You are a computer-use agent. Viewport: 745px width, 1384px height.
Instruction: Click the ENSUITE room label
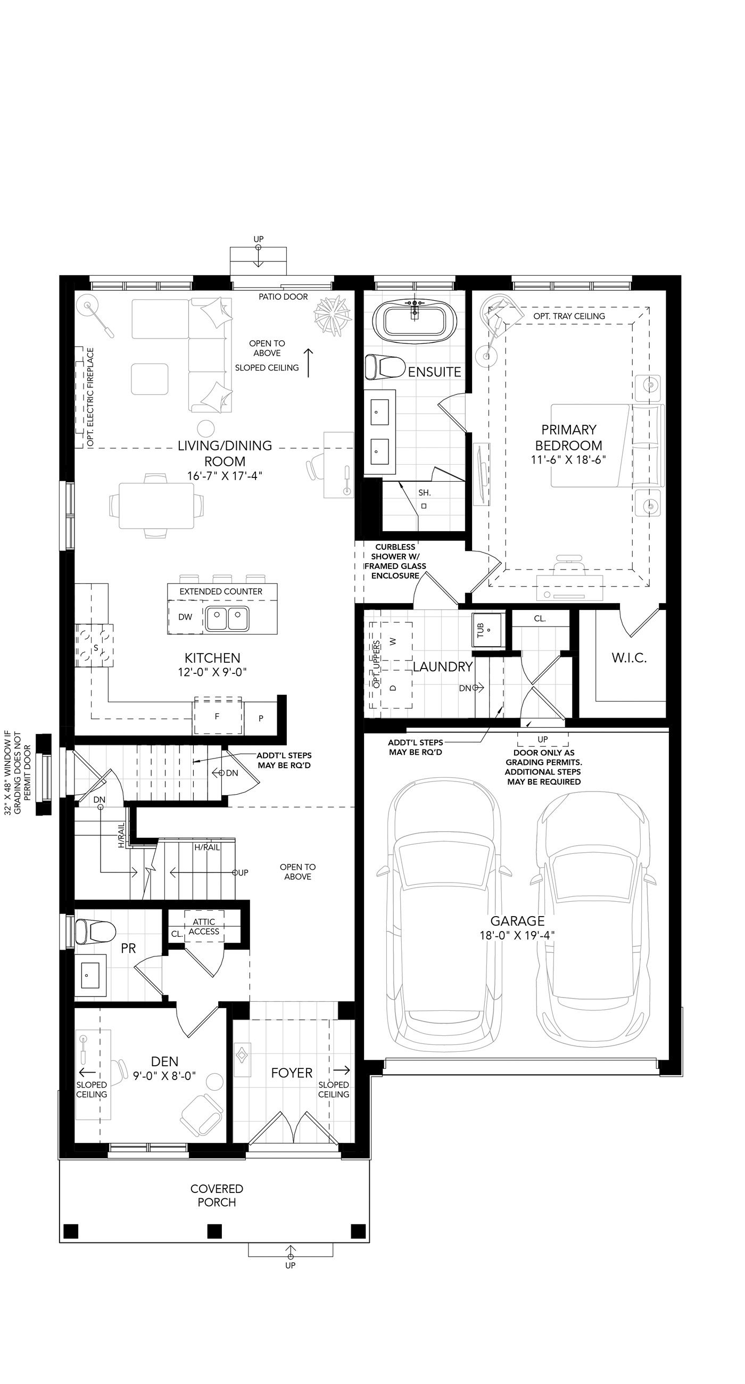[x=434, y=372]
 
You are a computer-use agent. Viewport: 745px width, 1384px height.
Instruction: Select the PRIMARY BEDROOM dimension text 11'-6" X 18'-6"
[x=568, y=460]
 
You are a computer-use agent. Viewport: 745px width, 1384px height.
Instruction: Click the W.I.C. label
[x=628, y=657]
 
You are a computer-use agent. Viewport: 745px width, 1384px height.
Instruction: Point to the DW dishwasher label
[x=185, y=617]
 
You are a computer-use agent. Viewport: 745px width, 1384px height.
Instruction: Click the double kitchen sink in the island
[x=227, y=619]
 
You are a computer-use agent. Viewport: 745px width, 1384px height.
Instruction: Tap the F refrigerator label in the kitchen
[x=217, y=716]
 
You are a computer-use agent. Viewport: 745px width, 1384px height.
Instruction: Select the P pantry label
[x=261, y=718]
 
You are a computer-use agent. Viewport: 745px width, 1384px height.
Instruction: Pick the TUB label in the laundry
[x=480, y=630]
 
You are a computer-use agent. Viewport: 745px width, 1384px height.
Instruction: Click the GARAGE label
[x=517, y=921]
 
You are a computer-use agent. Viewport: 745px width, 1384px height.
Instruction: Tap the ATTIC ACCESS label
[x=204, y=927]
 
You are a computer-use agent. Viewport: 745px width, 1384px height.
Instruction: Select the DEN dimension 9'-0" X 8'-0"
[x=164, y=1076]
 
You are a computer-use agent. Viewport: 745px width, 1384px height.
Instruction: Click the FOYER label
[x=292, y=1073]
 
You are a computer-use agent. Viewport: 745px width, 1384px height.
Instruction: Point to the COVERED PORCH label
[x=217, y=1196]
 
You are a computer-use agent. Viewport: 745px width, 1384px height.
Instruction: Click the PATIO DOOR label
[x=283, y=296]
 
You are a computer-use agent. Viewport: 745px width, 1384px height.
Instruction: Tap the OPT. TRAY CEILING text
[x=569, y=316]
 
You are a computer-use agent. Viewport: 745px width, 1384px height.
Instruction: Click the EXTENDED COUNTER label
[x=221, y=591]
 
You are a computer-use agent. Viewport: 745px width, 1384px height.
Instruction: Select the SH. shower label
[x=424, y=492]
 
